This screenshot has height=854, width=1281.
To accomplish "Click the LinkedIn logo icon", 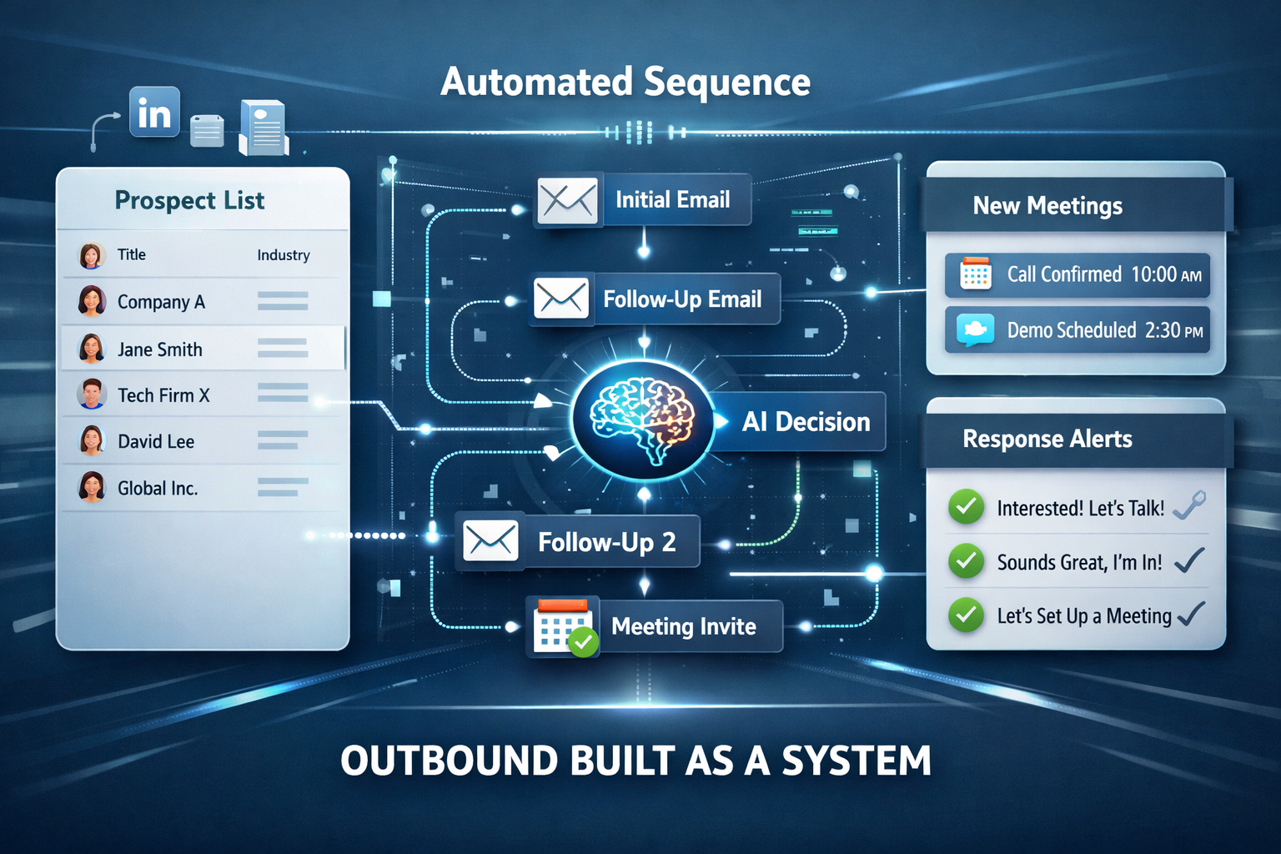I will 154,113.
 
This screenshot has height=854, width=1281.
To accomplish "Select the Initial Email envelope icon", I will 567,201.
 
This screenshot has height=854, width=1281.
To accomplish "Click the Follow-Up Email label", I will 682,299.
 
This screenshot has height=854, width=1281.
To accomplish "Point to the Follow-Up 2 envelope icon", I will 490,540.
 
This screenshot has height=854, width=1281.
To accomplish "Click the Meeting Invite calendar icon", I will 563,627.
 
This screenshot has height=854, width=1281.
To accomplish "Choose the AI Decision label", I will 806,422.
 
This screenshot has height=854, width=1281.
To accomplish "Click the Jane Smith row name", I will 160,349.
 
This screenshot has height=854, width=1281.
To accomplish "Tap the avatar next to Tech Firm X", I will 92,394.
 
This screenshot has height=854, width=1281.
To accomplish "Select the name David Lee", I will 156,441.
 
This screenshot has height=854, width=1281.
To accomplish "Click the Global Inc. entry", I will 158,488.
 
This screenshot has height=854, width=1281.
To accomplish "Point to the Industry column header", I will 284,255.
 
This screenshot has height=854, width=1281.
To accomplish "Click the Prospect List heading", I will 189,200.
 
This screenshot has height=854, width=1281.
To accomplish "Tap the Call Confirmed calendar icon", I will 976,274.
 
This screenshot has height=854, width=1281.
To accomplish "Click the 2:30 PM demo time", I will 1174,330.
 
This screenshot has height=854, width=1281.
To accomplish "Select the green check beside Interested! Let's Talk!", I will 966,507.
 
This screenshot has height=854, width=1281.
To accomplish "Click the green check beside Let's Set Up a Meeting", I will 966,615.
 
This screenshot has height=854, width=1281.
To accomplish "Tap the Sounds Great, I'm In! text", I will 1079,562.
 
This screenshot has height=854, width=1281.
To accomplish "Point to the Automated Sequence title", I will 625,82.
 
